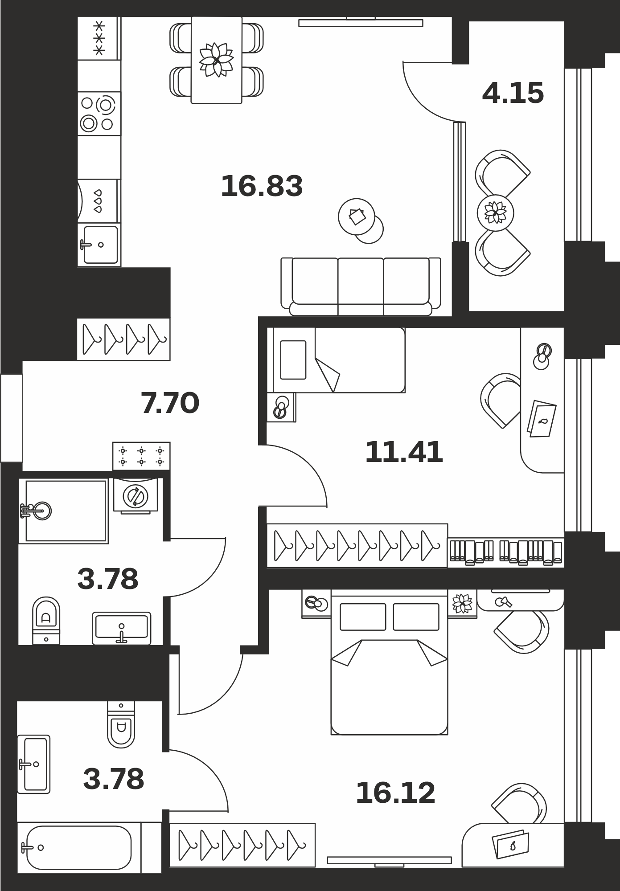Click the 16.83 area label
pos(262,186)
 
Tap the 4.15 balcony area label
pos(513,93)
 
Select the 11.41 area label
pos(404,452)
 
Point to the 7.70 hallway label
pos(170,403)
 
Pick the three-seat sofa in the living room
pos(361,286)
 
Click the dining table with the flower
pos(217,60)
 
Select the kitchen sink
pos(99,245)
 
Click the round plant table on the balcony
pos(495,213)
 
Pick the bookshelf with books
pos(506,552)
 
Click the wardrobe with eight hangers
pos(357,546)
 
